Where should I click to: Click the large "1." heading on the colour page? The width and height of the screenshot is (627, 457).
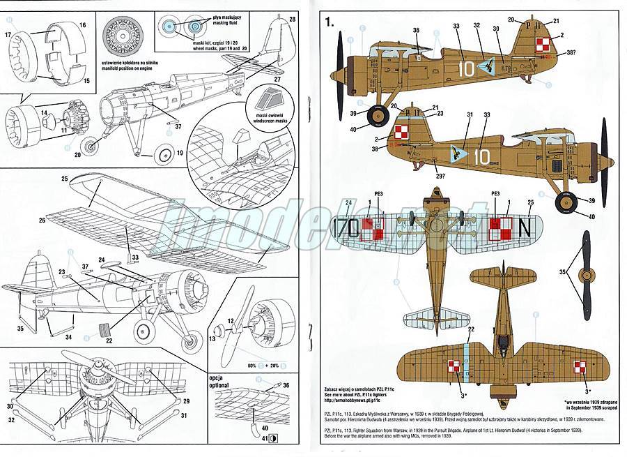pos(329,22)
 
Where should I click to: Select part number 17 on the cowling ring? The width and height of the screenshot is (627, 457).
pos(8,33)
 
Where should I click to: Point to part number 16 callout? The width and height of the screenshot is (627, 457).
pos(82,24)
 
